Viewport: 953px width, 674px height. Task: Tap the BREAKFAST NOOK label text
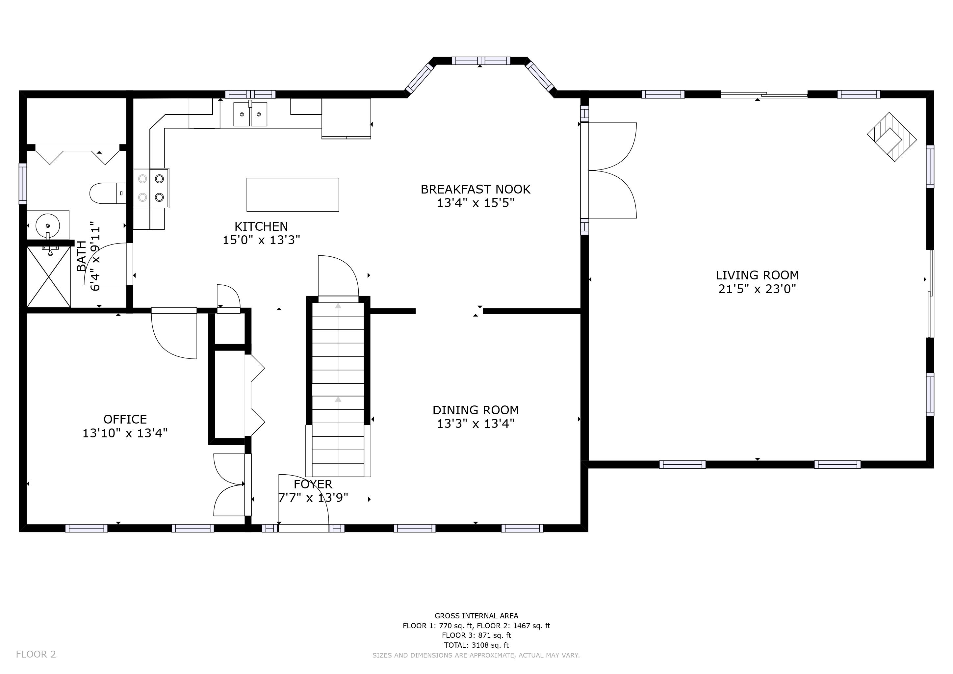tap(476, 189)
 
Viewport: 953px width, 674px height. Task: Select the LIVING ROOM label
tap(758, 275)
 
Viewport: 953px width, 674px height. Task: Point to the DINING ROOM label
tap(476, 410)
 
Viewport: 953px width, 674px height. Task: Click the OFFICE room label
tap(125, 419)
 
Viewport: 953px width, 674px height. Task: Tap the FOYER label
tap(313, 484)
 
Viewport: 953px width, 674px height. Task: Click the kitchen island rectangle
tap(293, 194)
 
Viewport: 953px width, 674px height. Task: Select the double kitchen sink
tap(250, 114)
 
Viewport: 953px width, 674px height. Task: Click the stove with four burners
tap(151, 188)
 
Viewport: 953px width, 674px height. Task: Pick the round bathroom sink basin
tap(48, 225)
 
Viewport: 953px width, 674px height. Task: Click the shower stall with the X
tap(49, 276)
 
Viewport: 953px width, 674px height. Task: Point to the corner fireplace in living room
tap(891, 137)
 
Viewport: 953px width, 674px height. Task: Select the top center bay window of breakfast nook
tap(481, 61)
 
